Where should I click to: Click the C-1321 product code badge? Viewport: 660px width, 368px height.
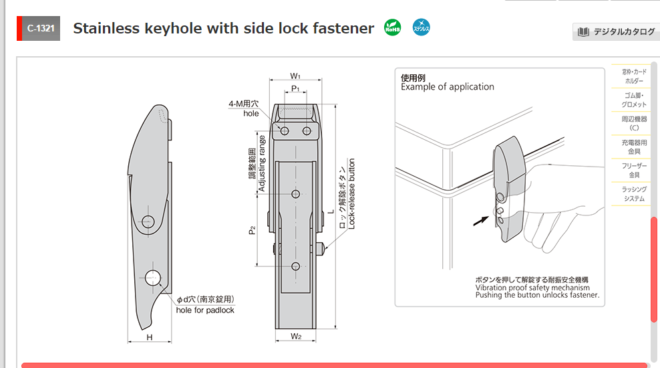[x=41, y=29]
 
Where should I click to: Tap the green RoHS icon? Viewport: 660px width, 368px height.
[x=393, y=28]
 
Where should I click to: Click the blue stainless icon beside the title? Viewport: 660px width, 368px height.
[x=422, y=28]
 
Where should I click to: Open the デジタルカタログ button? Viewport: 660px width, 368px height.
[x=617, y=31]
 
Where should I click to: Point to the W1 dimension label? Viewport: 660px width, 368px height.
[x=295, y=76]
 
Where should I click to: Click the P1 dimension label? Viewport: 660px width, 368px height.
[x=295, y=89]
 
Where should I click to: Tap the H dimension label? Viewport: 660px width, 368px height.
[x=150, y=337]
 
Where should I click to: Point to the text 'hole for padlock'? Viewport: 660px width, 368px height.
[x=205, y=310]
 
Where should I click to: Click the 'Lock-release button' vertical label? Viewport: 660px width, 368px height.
[x=352, y=194]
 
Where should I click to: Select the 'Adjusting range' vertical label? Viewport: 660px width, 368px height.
[x=262, y=164]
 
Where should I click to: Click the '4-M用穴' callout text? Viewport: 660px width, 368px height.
[x=243, y=104]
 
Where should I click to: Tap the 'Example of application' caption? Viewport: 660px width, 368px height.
[x=448, y=87]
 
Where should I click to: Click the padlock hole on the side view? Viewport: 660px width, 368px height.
[x=153, y=278]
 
